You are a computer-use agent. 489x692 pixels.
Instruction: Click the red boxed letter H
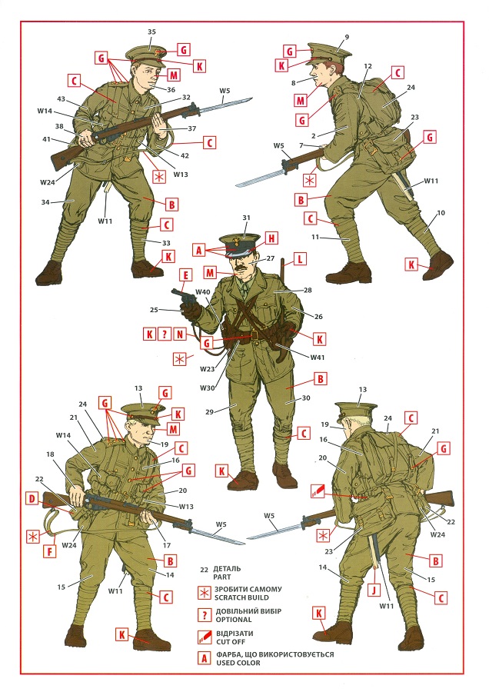tap(271, 239)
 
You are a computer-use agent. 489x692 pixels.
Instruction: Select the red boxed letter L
tap(300, 259)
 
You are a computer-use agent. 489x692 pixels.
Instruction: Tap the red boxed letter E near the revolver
tap(186, 275)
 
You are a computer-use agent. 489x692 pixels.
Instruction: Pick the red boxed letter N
tap(180, 334)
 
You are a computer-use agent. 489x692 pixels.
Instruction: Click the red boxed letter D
tap(32, 499)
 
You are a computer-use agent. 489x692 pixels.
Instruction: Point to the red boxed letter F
tap(49, 551)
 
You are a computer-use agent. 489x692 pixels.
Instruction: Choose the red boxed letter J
tap(374, 590)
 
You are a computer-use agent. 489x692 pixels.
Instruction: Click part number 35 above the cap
tap(151, 32)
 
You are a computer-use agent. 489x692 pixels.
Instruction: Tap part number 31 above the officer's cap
tap(246, 218)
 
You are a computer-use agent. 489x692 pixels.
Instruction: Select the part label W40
tap(202, 291)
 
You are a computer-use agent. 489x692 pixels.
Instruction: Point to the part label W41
tap(318, 357)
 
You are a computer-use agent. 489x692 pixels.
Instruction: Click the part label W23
tap(207, 369)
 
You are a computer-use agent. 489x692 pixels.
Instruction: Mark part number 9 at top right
tap(347, 37)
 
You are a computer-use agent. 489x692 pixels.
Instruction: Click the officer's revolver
tap(185, 298)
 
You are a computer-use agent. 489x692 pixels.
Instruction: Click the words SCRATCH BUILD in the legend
tap(242, 597)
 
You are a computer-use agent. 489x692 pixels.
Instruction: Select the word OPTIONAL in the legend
tap(233, 620)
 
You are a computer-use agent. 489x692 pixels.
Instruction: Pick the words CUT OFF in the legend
tap(231, 642)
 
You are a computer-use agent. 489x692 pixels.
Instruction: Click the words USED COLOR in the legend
tap(238, 663)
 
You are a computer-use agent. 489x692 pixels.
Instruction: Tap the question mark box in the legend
tap(205, 616)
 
